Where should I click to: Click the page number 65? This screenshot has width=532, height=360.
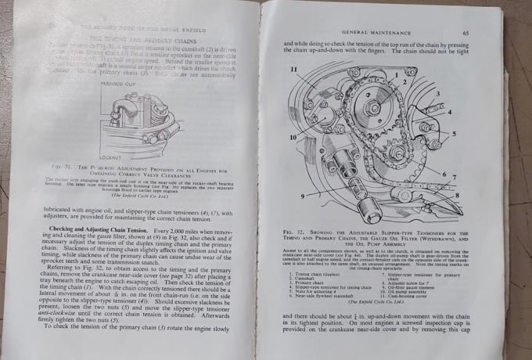coord(466,34)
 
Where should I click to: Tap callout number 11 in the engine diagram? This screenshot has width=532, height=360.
coord(293,70)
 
